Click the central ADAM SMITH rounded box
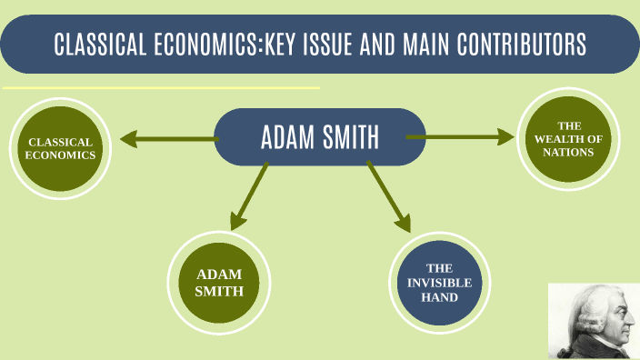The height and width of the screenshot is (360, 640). pyautogui.click(x=319, y=137)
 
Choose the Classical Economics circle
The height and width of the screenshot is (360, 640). pyautogui.click(x=61, y=149)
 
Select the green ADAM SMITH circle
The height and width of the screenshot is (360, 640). pyautogui.click(x=220, y=282)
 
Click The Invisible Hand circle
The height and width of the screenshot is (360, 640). pyautogui.click(x=440, y=282)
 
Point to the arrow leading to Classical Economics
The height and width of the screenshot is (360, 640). pyautogui.click(x=168, y=139)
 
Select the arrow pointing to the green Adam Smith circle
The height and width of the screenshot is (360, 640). pyautogui.click(x=248, y=196)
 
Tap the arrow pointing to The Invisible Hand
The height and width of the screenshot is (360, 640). pyautogui.click(x=388, y=196)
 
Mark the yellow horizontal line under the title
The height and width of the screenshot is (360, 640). pyautogui.click(x=161, y=88)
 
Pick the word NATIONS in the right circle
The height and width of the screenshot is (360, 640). pyautogui.click(x=569, y=152)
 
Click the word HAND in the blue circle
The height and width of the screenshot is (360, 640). pyautogui.click(x=440, y=296)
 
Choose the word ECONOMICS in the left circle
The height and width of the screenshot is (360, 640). pyautogui.click(x=61, y=155)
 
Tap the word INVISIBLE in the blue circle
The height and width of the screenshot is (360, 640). pyautogui.click(x=440, y=282)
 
